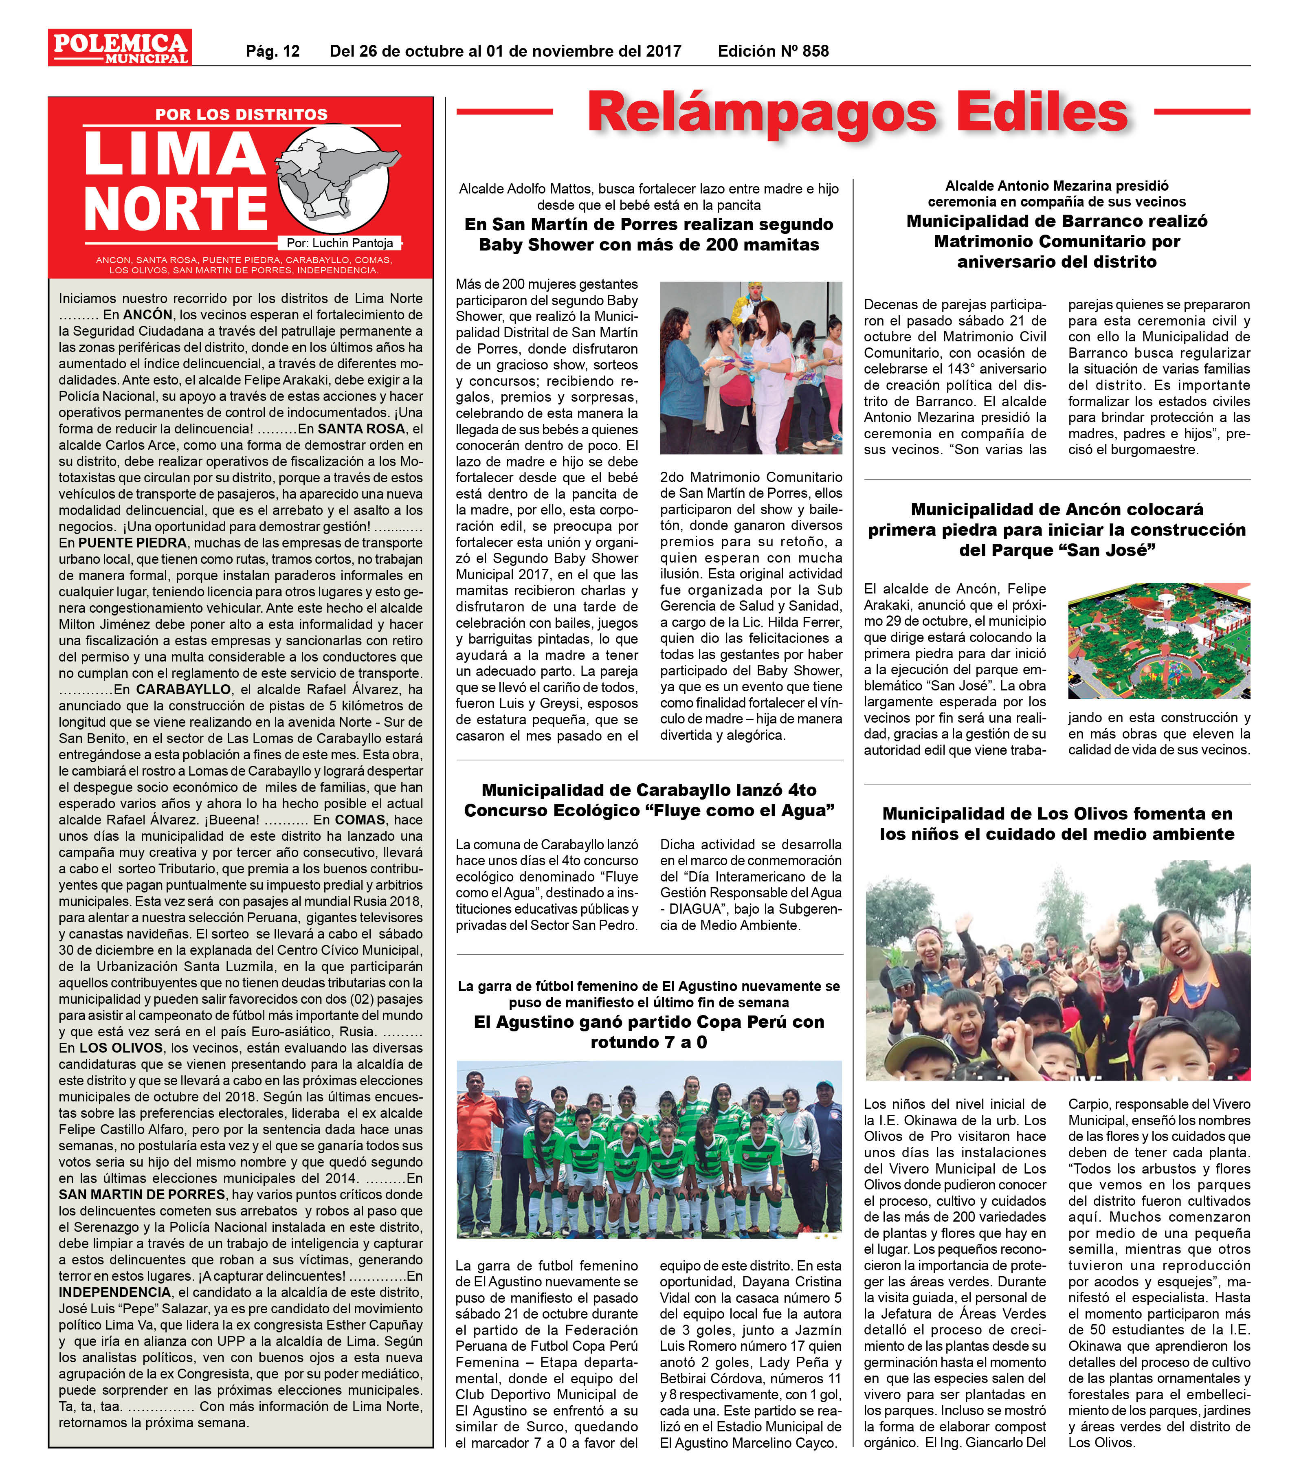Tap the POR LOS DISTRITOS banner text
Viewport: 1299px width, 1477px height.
point(241,114)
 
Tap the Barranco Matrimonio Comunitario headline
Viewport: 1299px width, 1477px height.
point(1056,242)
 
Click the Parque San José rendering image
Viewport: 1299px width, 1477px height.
point(1159,641)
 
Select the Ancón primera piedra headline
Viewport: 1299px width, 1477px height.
point(1056,530)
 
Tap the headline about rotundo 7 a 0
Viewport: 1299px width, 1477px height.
point(649,1032)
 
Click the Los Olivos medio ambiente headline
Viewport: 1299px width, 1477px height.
point(1056,824)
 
